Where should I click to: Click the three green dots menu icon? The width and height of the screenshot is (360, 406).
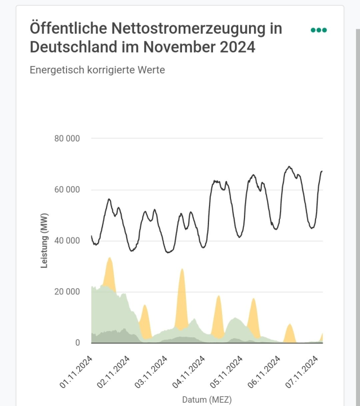[x=318, y=30]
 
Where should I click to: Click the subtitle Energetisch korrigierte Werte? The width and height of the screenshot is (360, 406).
[x=97, y=70]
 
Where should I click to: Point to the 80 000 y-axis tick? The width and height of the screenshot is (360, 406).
[x=66, y=138]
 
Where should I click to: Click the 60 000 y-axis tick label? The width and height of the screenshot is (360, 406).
[x=66, y=189]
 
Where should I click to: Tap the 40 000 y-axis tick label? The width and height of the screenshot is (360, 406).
[x=66, y=241]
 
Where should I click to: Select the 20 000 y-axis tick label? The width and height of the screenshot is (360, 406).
[x=66, y=292]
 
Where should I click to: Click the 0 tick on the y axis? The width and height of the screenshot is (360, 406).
[x=78, y=343]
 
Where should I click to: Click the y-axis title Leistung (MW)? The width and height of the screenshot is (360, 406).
[x=45, y=240]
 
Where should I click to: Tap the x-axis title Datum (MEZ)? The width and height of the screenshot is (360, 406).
[x=206, y=400]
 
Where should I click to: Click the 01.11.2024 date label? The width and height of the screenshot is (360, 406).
[x=77, y=372]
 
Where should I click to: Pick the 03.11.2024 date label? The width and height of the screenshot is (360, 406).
[x=152, y=372]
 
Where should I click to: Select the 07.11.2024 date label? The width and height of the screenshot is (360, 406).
[x=303, y=372]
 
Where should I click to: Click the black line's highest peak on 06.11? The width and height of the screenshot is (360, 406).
[x=289, y=167]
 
